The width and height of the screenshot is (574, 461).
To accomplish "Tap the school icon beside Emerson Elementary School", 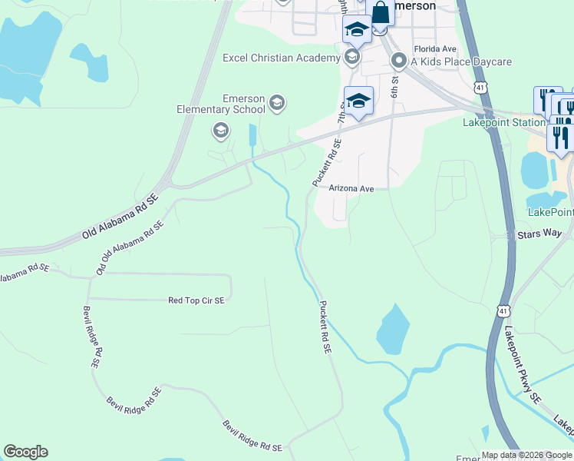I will click(x=278, y=101).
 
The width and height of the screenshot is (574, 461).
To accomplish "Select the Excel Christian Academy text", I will click(x=281, y=58).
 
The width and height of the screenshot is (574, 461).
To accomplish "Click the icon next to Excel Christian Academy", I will click(x=352, y=56).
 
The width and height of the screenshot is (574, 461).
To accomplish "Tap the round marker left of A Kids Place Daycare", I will click(x=398, y=60).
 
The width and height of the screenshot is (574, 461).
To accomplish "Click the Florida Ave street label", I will click(x=434, y=48).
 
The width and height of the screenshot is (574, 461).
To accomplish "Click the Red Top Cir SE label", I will click(x=196, y=300).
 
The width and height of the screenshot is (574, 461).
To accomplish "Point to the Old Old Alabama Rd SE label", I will click(x=130, y=249).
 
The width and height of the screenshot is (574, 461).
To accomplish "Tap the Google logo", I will click(x=25, y=452).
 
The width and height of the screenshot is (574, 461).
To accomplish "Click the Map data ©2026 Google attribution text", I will click(x=526, y=455).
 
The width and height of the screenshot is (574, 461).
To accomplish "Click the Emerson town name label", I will click(x=415, y=5).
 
